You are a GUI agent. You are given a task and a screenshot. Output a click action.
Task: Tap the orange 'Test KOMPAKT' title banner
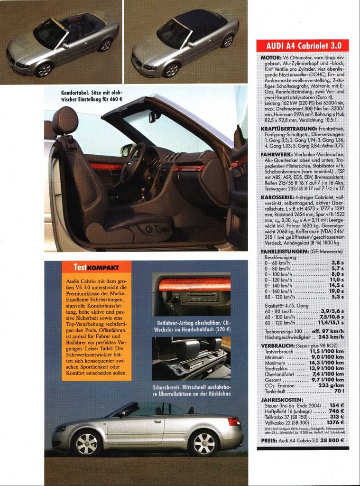pyautogui.click(x=96, y=267)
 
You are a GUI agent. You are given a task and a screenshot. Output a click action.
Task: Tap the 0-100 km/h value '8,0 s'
pyautogui.click(x=337, y=274)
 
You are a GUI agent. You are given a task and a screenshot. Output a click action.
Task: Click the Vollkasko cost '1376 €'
pyautogui.click(x=335, y=422)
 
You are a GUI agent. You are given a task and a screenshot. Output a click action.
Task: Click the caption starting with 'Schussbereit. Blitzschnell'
pyautogui.click(x=192, y=391)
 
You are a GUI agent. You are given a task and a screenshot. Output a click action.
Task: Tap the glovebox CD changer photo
pyautogui.click(x=192, y=294)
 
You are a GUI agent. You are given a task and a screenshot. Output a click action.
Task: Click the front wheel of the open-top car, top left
pyautogui.click(x=44, y=70)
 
